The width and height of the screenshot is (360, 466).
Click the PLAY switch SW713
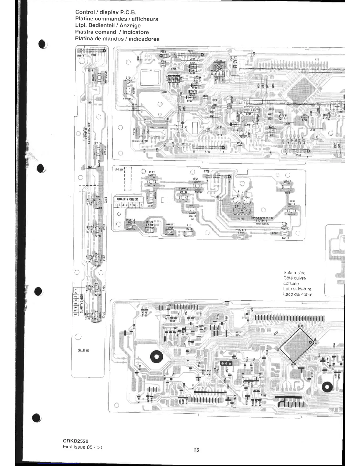152,182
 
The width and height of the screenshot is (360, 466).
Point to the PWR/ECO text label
128,99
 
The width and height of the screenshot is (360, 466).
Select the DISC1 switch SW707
96,315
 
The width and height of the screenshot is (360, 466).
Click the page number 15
196,450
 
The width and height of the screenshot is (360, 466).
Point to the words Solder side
294,273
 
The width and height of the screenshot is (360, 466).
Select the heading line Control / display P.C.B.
106,12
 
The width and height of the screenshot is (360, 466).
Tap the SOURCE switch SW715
183,198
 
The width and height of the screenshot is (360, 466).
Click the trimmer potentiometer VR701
219,68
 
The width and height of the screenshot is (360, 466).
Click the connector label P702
207,152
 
